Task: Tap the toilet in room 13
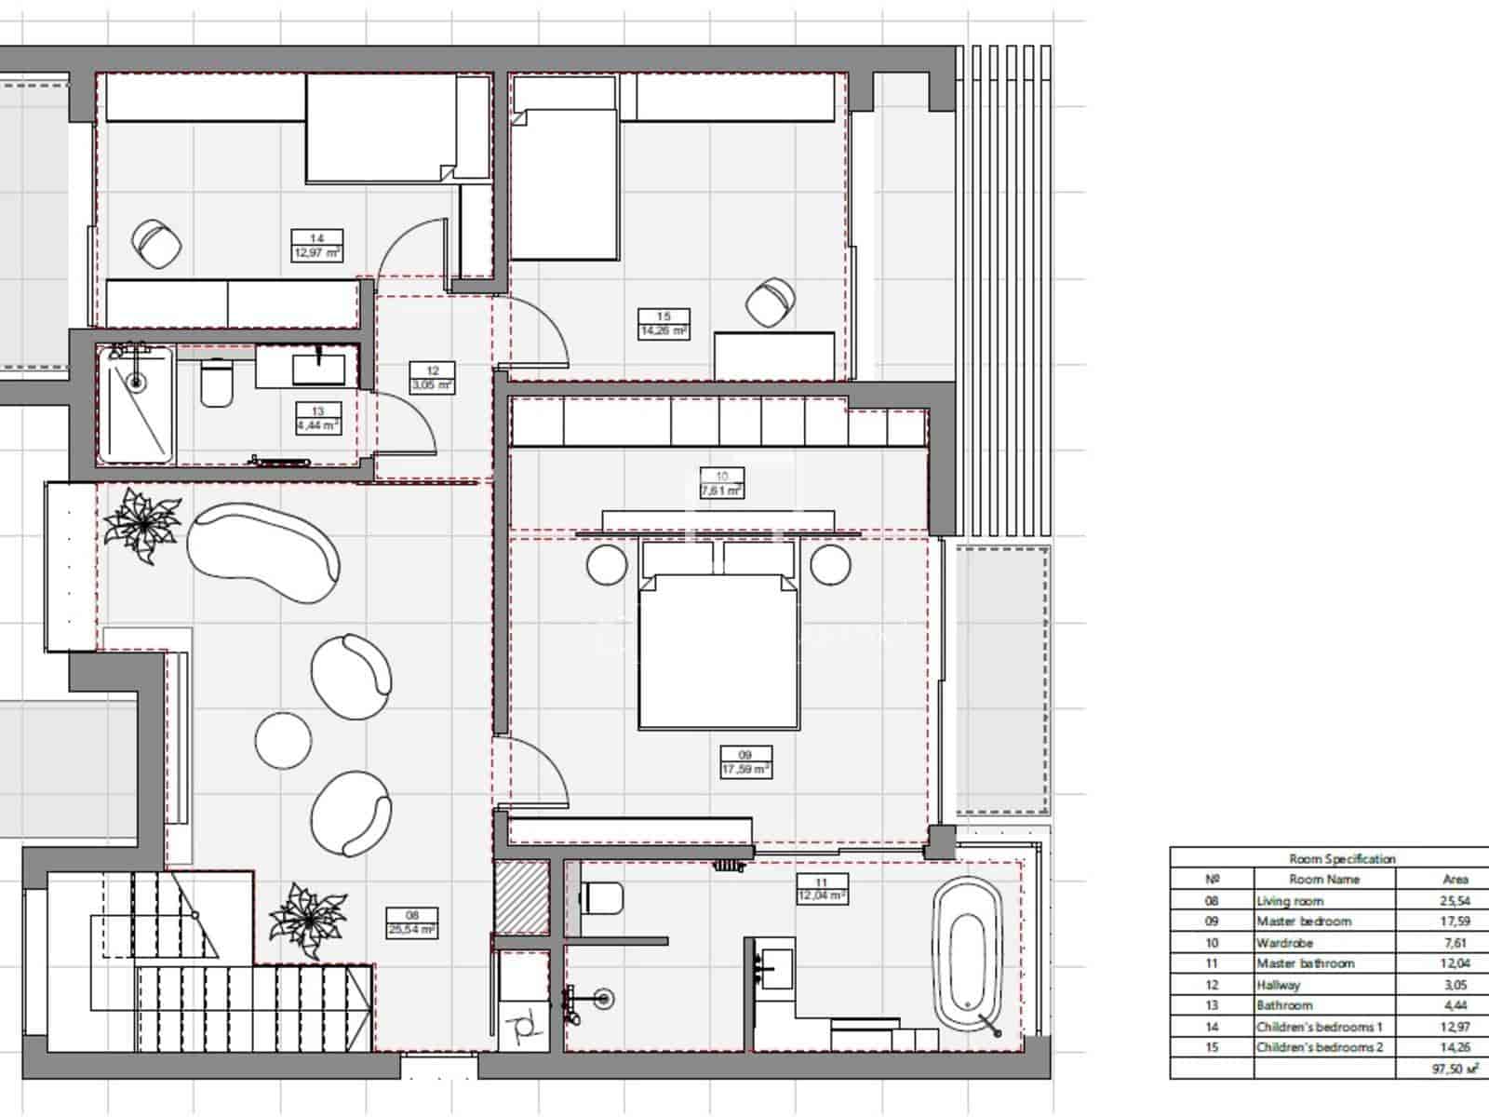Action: pyautogui.click(x=217, y=384)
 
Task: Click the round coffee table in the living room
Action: pyautogui.click(x=283, y=740)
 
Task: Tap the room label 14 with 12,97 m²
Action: pyautogui.click(x=316, y=246)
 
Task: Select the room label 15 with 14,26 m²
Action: pyautogui.click(x=663, y=323)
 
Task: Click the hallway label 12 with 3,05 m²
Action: pyautogui.click(x=432, y=378)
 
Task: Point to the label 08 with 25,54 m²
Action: pyautogui.click(x=412, y=922)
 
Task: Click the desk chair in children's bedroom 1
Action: pyautogui.click(x=156, y=244)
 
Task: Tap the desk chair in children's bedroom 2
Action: pyautogui.click(x=771, y=303)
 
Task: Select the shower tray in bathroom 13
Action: pyautogui.click(x=137, y=405)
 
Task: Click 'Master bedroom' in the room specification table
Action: pyautogui.click(x=1303, y=922)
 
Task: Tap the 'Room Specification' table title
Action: pyautogui.click(x=1341, y=858)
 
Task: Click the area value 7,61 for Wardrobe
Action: pyautogui.click(x=1455, y=943)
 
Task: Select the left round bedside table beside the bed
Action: pyautogui.click(x=607, y=565)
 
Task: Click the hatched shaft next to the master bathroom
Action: pyautogui.click(x=521, y=897)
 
